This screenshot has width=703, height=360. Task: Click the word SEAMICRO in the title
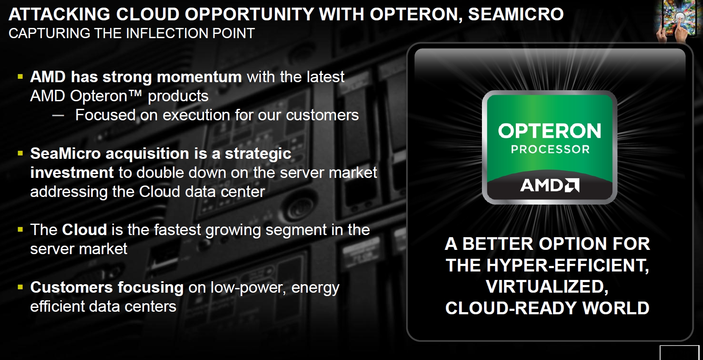click(516, 14)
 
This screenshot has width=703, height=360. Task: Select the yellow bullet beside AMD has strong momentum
click(20, 77)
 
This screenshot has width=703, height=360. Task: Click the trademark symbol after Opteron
click(136, 93)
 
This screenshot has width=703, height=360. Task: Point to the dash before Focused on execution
click(58, 116)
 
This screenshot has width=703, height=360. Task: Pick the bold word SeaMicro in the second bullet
click(65, 153)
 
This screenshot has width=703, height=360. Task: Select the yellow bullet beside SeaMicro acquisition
click(20, 153)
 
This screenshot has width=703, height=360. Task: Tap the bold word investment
click(72, 173)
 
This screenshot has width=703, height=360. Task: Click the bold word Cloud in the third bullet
click(84, 230)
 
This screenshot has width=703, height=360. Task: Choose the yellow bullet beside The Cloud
click(20, 230)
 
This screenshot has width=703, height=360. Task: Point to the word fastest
click(177, 230)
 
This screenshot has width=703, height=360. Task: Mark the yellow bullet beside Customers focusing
click(20, 287)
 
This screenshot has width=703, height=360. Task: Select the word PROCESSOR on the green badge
click(550, 150)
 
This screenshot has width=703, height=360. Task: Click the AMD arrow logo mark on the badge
click(572, 185)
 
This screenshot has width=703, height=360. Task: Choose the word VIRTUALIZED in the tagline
click(547, 287)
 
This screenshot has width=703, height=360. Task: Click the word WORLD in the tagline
click(616, 308)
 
